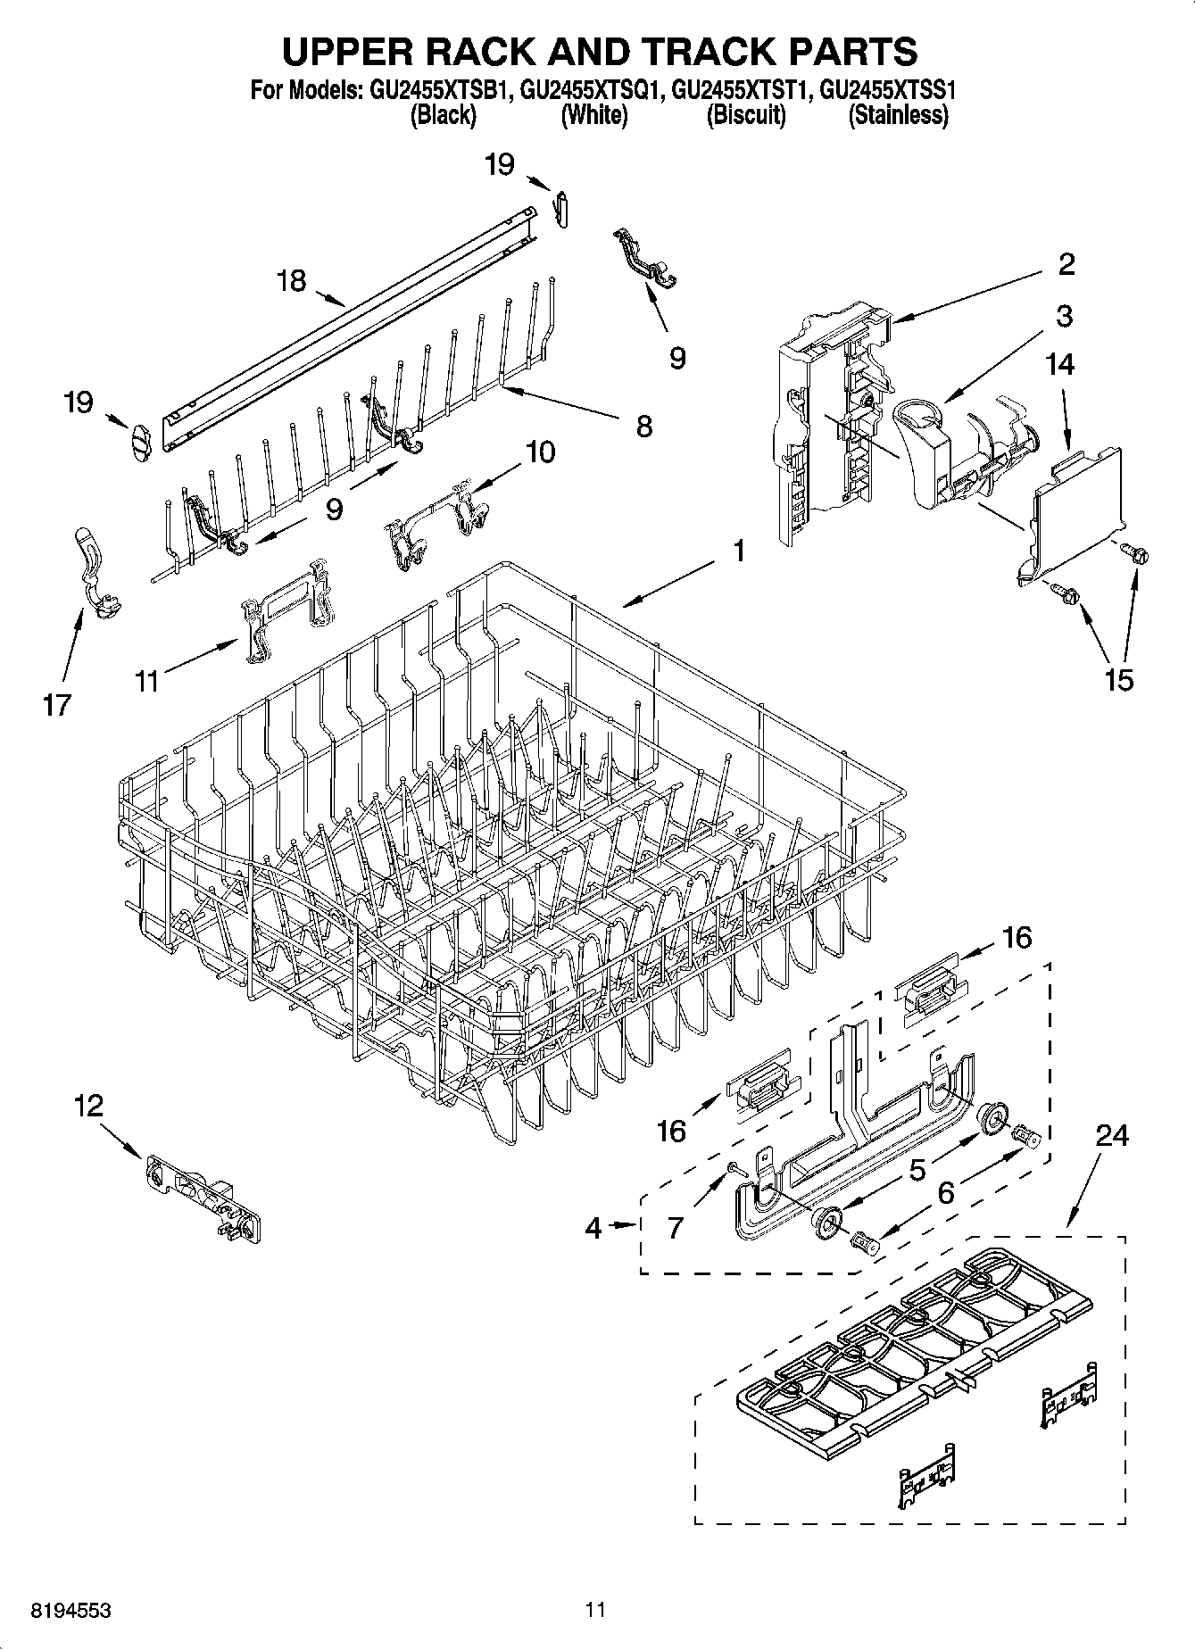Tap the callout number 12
click(88, 1107)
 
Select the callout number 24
click(1111, 1135)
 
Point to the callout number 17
click(55, 705)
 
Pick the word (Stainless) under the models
click(897, 115)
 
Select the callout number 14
click(1061, 364)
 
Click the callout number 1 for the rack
click(739, 551)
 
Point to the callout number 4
click(593, 1228)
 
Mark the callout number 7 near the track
click(676, 1228)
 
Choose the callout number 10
click(540, 452)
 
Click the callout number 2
click(1066, 264)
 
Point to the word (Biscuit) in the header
click(746, 115)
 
